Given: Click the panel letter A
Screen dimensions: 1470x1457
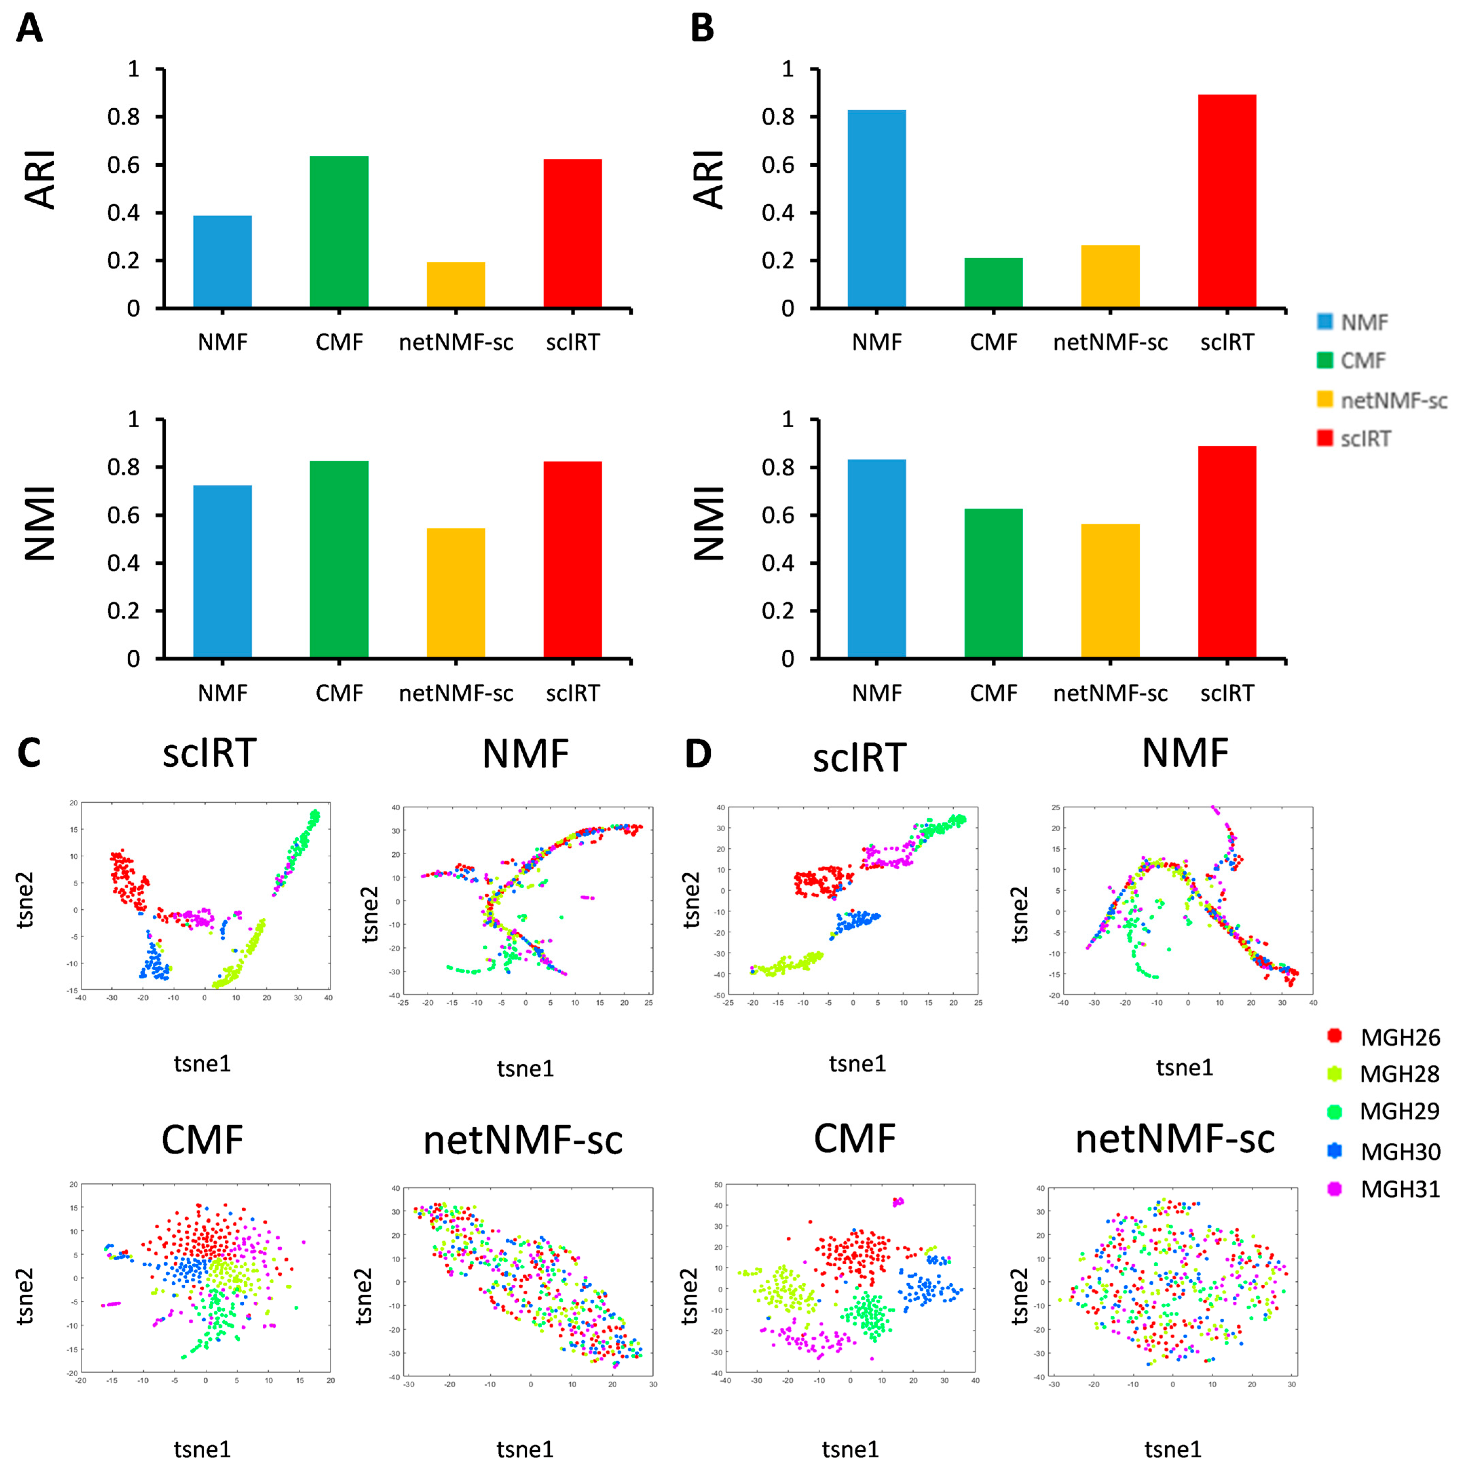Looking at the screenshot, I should pyautogui.click(x=29, y=29).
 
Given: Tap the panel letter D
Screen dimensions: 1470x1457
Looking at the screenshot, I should pyautogui.click(x=698, y=754).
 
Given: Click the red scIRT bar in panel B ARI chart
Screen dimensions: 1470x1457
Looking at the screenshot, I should pyautogui.click(x=1227, y=201).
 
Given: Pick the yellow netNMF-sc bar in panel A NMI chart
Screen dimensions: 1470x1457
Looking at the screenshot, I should pyautogui.click(x=456, y=593).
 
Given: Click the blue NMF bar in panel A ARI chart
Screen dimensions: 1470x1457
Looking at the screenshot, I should pyautogui.click(x=222, y=262).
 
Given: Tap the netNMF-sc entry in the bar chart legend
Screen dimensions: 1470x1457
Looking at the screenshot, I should pyautogui.click(x=1392, y=400).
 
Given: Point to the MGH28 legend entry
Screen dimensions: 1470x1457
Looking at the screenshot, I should pyautogui.click(x=1398, y=1074).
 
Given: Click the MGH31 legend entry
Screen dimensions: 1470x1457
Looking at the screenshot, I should pyautogui.click(x=1398, y=1189).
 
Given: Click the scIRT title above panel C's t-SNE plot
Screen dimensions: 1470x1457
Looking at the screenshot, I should pyautogui.click(x=209, y=753).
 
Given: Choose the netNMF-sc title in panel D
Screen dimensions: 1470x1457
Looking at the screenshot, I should pyautogui.click(x=1175, y=1139).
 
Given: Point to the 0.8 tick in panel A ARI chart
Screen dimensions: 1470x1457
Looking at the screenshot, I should pyautogui.click(x=123, y=117).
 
